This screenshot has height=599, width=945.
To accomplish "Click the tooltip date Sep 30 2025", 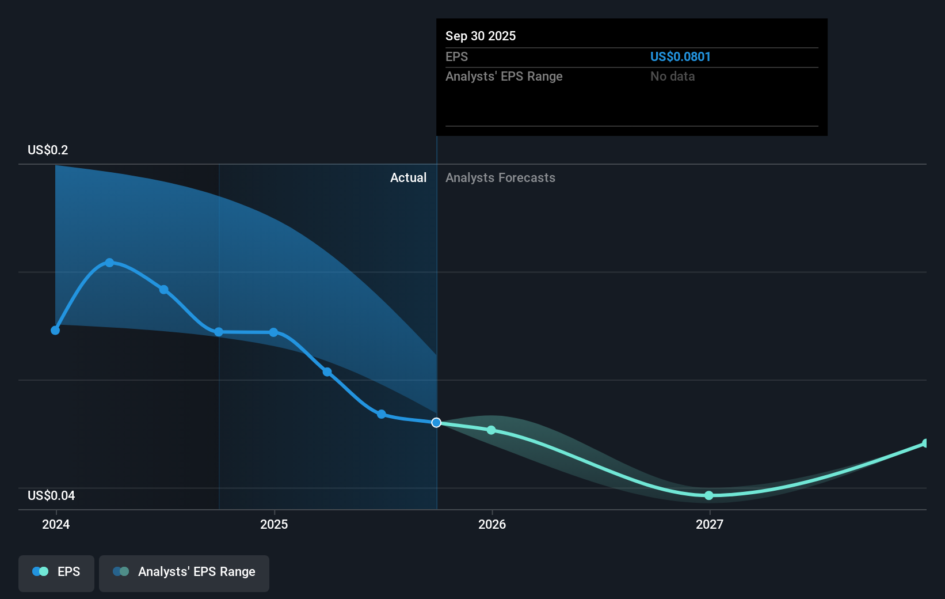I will coord(481,36).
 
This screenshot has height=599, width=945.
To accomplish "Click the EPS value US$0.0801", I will coord(680,56).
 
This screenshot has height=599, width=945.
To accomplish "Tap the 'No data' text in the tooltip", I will coord(672,76).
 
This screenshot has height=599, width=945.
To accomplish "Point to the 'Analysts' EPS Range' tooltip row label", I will coord(504,76).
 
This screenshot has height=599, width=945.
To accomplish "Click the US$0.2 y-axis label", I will coord(48,150).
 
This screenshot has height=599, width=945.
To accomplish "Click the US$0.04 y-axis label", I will coord(51,495).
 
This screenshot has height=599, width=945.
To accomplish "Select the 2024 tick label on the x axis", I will coord(56,524).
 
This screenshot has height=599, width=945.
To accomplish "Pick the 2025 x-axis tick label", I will coord(274,524).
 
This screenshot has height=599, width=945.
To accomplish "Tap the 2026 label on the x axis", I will coord(492,524).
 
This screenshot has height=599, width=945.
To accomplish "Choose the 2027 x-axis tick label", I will coord(710,524).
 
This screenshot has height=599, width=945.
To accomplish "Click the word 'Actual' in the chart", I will coord(408,177).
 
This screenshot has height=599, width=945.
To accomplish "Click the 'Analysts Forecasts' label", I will coord(500,177).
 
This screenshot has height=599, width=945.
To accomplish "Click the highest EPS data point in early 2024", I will coord(109,263).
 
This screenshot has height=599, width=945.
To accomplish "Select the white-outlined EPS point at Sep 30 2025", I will coord(436,423).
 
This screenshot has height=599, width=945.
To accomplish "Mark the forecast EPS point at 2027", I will coord(709,495).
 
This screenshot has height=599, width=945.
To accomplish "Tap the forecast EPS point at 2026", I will coord(491,430).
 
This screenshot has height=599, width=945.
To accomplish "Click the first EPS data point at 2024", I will coord(55,330).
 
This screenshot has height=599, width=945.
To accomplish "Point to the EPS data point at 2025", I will coord(273,332).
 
